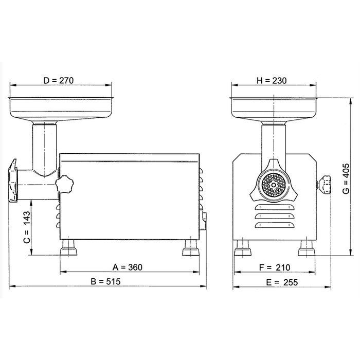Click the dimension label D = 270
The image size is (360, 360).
tap(59, 80)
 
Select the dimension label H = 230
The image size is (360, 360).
tap(272, 80)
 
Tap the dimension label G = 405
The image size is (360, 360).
tap(346, 177)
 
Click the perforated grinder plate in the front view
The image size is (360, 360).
tap(273, 184)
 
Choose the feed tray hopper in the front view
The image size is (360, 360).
tap(273, 105)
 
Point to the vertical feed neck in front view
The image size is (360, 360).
tap(273, 141)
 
